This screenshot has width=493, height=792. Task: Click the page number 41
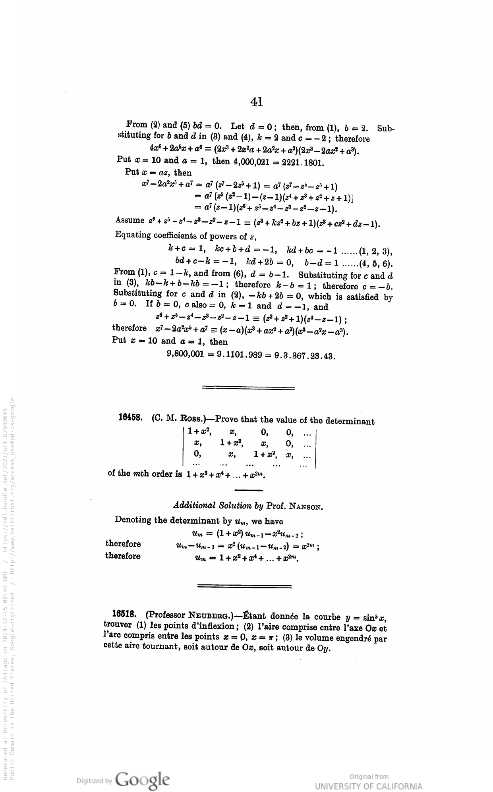257,102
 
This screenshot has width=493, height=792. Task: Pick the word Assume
130,220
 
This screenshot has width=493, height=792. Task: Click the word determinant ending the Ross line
350,421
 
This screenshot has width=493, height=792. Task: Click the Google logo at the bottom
142,779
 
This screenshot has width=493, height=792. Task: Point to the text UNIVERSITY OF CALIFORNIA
369,786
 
